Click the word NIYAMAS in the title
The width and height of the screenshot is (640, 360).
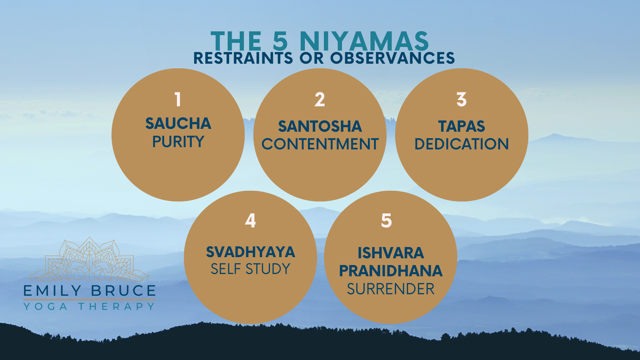pos(364,41)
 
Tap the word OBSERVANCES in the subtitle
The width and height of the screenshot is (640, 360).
pos(392,58)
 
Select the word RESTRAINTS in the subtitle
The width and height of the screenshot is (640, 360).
pos(243,58)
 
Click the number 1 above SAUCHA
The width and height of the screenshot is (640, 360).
pos(178,100)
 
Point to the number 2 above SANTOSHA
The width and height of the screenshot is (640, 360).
pos(320,100)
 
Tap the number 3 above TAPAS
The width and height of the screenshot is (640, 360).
pos(462,100)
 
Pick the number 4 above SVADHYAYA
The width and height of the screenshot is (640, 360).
pos(250,220)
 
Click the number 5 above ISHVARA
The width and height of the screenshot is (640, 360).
pos(386,220)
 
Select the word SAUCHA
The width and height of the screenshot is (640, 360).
pos(178,124)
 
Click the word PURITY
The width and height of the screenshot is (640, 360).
pos(178,142)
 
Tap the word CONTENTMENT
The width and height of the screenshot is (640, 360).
pos(320,144)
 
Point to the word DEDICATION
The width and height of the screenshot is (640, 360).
pos(462,144)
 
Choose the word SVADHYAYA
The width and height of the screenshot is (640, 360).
pos(250,252)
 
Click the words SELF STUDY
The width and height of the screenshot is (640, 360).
pos(250,269)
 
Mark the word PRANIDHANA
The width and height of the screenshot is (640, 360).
pos(390,271)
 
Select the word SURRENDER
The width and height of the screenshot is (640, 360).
pos(390,289)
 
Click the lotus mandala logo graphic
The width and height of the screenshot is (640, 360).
pos(90,260)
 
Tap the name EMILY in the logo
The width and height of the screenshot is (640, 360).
pos(52,290)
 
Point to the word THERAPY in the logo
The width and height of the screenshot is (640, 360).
pos(116,306)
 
